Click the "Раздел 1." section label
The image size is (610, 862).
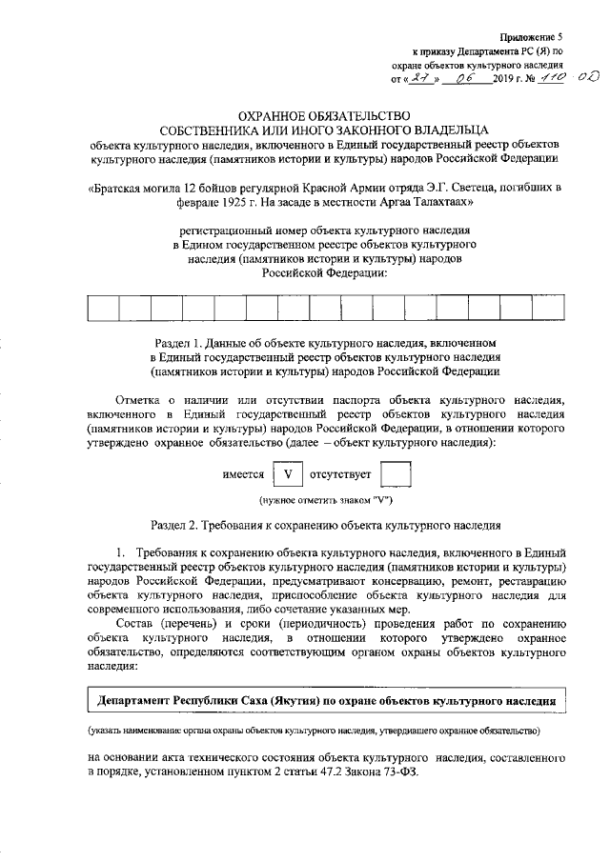(180, 341)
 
